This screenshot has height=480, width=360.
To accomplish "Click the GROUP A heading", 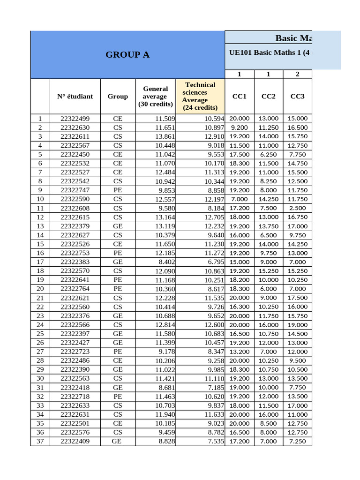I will coord(127,54).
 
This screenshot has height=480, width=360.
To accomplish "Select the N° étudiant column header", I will coord(75,96).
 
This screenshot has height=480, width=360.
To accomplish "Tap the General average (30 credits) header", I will coord(155,96).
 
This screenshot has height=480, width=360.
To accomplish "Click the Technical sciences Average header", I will coord(200,96).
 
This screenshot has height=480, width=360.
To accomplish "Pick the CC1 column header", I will coord(240,96).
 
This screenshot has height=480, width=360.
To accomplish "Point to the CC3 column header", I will coord(298,96).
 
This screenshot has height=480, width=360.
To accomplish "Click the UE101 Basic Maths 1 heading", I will coord(269,52).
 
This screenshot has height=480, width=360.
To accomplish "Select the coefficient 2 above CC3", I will coord(298,74).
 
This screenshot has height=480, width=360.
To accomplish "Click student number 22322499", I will coord(75,119).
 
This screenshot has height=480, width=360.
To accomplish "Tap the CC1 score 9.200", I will coord(240,127).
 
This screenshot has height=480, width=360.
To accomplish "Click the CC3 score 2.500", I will coord(298,208).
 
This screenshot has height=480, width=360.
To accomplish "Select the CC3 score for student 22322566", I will coord(298,325).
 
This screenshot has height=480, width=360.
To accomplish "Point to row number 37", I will coord(40,441).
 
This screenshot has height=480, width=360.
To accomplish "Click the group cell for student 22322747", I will coord(118,190).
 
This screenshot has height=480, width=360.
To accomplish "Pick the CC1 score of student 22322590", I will coord(240,199).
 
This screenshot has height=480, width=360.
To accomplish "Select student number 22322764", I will coord(75,289).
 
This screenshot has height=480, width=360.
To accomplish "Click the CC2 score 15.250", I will coord(269,271).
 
